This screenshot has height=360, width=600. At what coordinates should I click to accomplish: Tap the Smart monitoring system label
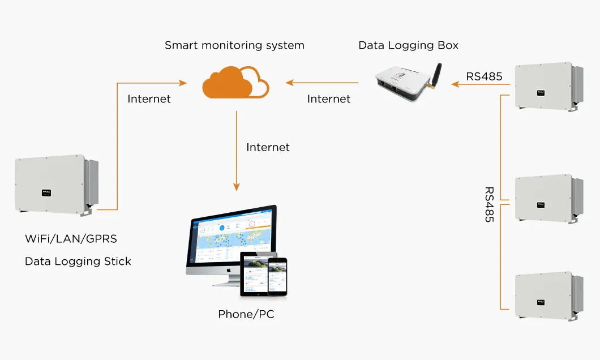point(234,45)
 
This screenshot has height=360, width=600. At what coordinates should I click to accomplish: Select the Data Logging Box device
point(404,84)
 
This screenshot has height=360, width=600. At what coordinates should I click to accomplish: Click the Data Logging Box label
point(408,45)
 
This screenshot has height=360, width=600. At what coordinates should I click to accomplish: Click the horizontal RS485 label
point(484,76)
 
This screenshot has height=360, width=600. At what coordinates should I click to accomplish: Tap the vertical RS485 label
point(490,204)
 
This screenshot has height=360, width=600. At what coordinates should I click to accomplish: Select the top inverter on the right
point(546,85)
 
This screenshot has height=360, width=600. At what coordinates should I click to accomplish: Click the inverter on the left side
point(54,185)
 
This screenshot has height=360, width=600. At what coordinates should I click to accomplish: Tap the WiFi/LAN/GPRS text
point(71,239)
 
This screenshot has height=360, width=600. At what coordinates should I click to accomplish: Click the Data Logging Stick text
point(78,262)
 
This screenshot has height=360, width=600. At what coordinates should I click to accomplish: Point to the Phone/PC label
point(246,314)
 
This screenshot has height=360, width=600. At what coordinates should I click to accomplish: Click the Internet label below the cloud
point(268,147)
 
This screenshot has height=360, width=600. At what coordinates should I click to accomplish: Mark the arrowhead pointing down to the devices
point(237,187)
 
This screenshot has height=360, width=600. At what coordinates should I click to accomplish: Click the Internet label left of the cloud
point(149,99)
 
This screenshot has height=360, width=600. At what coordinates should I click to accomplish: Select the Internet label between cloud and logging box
point(328,99)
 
